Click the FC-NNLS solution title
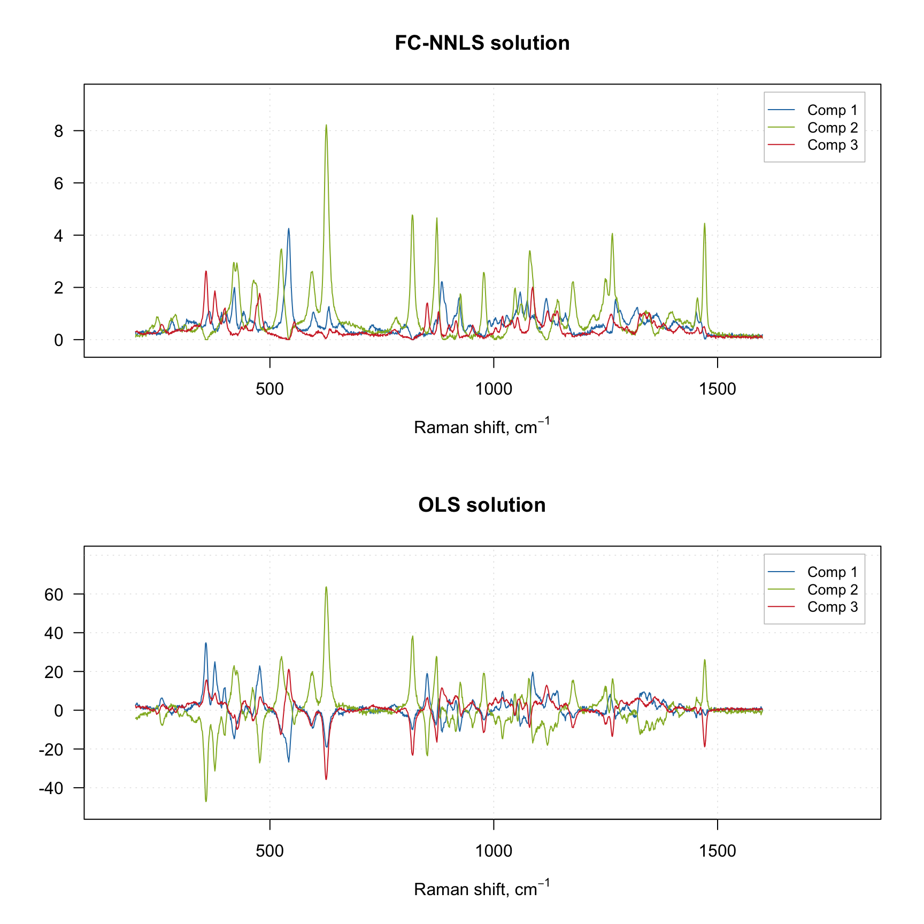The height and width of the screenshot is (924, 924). pos(482,43)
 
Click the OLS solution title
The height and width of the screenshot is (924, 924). pos(482,505)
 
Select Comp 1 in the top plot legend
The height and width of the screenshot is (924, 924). pos(832,110)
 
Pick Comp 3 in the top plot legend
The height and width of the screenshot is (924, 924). pos(832,145)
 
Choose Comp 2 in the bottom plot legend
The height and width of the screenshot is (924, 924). pos(832,590)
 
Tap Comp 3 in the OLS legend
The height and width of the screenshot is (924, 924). pos(832,607)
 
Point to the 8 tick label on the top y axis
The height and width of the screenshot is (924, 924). pos(59,131)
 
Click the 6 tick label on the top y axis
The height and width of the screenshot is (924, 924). pos(59,183)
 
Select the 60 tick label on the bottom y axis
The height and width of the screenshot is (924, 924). pos(54,594)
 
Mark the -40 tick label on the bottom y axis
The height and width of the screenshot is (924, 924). pos(51,788)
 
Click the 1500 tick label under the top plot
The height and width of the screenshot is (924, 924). pos(717,389)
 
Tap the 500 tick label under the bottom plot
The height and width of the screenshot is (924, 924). pos(269,851)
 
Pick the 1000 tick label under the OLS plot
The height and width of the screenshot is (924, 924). pos(494,851)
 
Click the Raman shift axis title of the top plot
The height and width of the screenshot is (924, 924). pos(482,427)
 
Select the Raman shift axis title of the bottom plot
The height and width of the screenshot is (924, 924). pos(482,889)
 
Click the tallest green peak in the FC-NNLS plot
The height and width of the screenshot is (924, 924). pos(326,126)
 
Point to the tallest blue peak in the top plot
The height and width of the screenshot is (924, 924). pos(289,229)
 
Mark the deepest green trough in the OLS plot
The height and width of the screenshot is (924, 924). pos(206,800)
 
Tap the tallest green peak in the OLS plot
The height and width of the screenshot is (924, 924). pos(326,588)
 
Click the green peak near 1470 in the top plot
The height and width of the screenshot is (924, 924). pos(704,225)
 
